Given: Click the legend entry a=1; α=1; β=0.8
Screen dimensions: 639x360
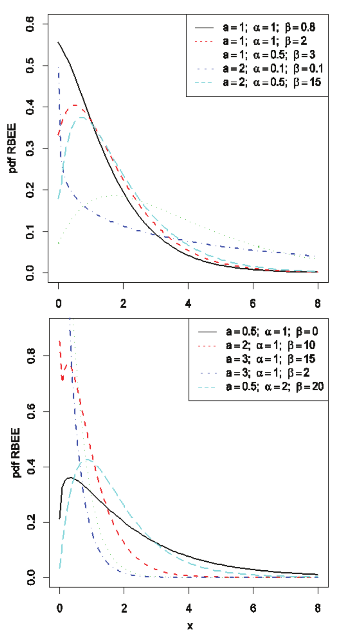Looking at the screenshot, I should coord(269,27).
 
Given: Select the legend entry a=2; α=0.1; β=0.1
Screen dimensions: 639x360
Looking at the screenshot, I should coord(273,69).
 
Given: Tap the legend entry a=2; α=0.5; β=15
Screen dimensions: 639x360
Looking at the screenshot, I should coord(271,82).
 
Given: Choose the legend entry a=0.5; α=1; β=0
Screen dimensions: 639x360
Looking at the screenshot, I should coord(272,332).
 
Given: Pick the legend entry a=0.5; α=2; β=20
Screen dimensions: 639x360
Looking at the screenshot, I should coord(274,387).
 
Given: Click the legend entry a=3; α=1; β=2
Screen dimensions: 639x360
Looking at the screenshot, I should coord(267,373).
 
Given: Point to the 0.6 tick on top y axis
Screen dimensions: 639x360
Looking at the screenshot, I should coord(30,24).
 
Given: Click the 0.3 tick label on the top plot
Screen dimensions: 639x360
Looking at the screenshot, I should coord(30,149).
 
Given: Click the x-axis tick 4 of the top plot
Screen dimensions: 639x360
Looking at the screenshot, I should coord(188,303).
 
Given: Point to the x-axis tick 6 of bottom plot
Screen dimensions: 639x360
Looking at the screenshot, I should coord(253,608).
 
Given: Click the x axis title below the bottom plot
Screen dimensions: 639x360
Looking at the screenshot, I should coord(190,626).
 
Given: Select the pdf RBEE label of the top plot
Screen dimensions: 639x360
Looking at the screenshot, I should coord(13,148).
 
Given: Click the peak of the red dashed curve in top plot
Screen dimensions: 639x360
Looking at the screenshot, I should coord(75,105).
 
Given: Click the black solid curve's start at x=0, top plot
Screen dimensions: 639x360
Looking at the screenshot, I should coord(58,42).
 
